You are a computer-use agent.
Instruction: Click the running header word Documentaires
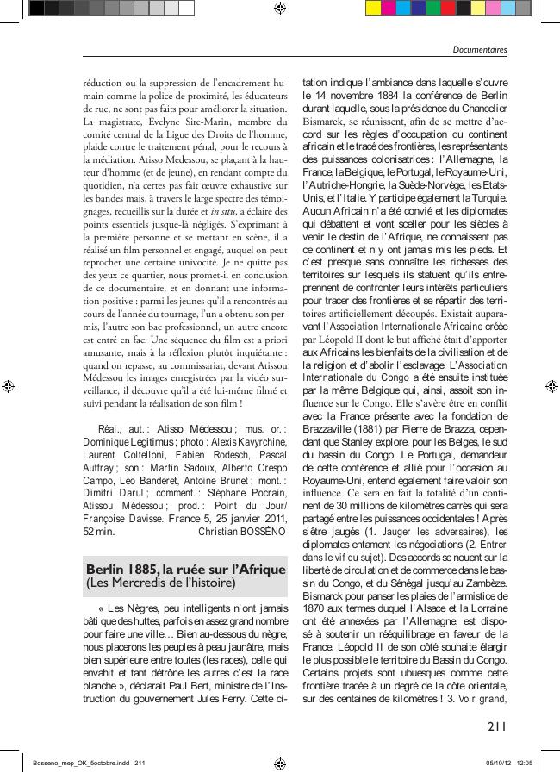480,50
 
